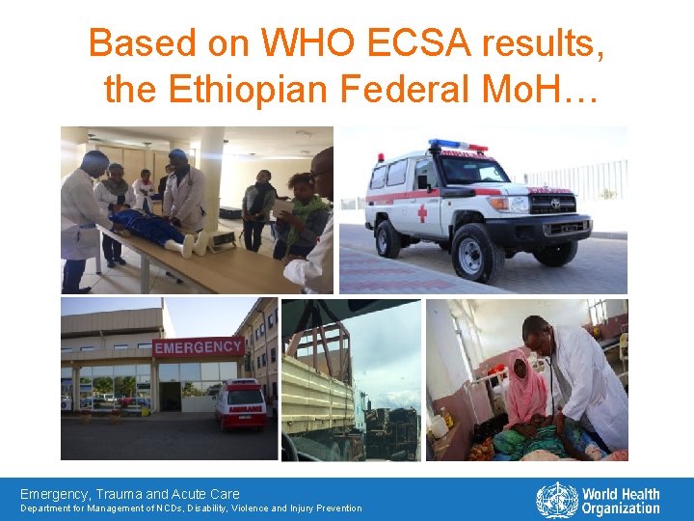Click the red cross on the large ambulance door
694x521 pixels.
pyautogui.click(x=422, y=212)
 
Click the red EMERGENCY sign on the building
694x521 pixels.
pyautogui.click(x=198, y=346)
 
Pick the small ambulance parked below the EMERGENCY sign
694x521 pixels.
pyautogui.click(x=241, y=404)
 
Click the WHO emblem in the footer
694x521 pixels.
pyautogui.click(x=556, y=501)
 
